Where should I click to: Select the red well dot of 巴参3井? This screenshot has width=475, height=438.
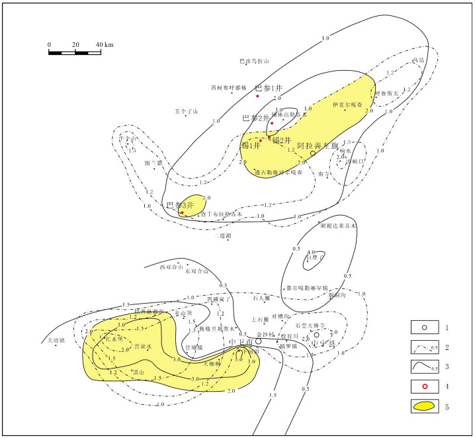point(181,212)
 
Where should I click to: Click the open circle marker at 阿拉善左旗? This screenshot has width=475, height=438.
point(312,153)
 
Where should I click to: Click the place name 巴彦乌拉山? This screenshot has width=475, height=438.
point(255,62)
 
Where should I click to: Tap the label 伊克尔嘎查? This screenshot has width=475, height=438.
point(348,105)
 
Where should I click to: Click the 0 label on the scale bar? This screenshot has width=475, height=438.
point(49,44)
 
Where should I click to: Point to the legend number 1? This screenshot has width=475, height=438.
point(447,328)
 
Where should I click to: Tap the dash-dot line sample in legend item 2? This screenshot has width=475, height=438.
point(423,345)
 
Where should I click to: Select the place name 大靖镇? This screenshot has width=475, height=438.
point(57,341)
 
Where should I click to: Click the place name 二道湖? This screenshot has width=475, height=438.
point(224,236)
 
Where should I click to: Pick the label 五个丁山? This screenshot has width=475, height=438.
point(187,112)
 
